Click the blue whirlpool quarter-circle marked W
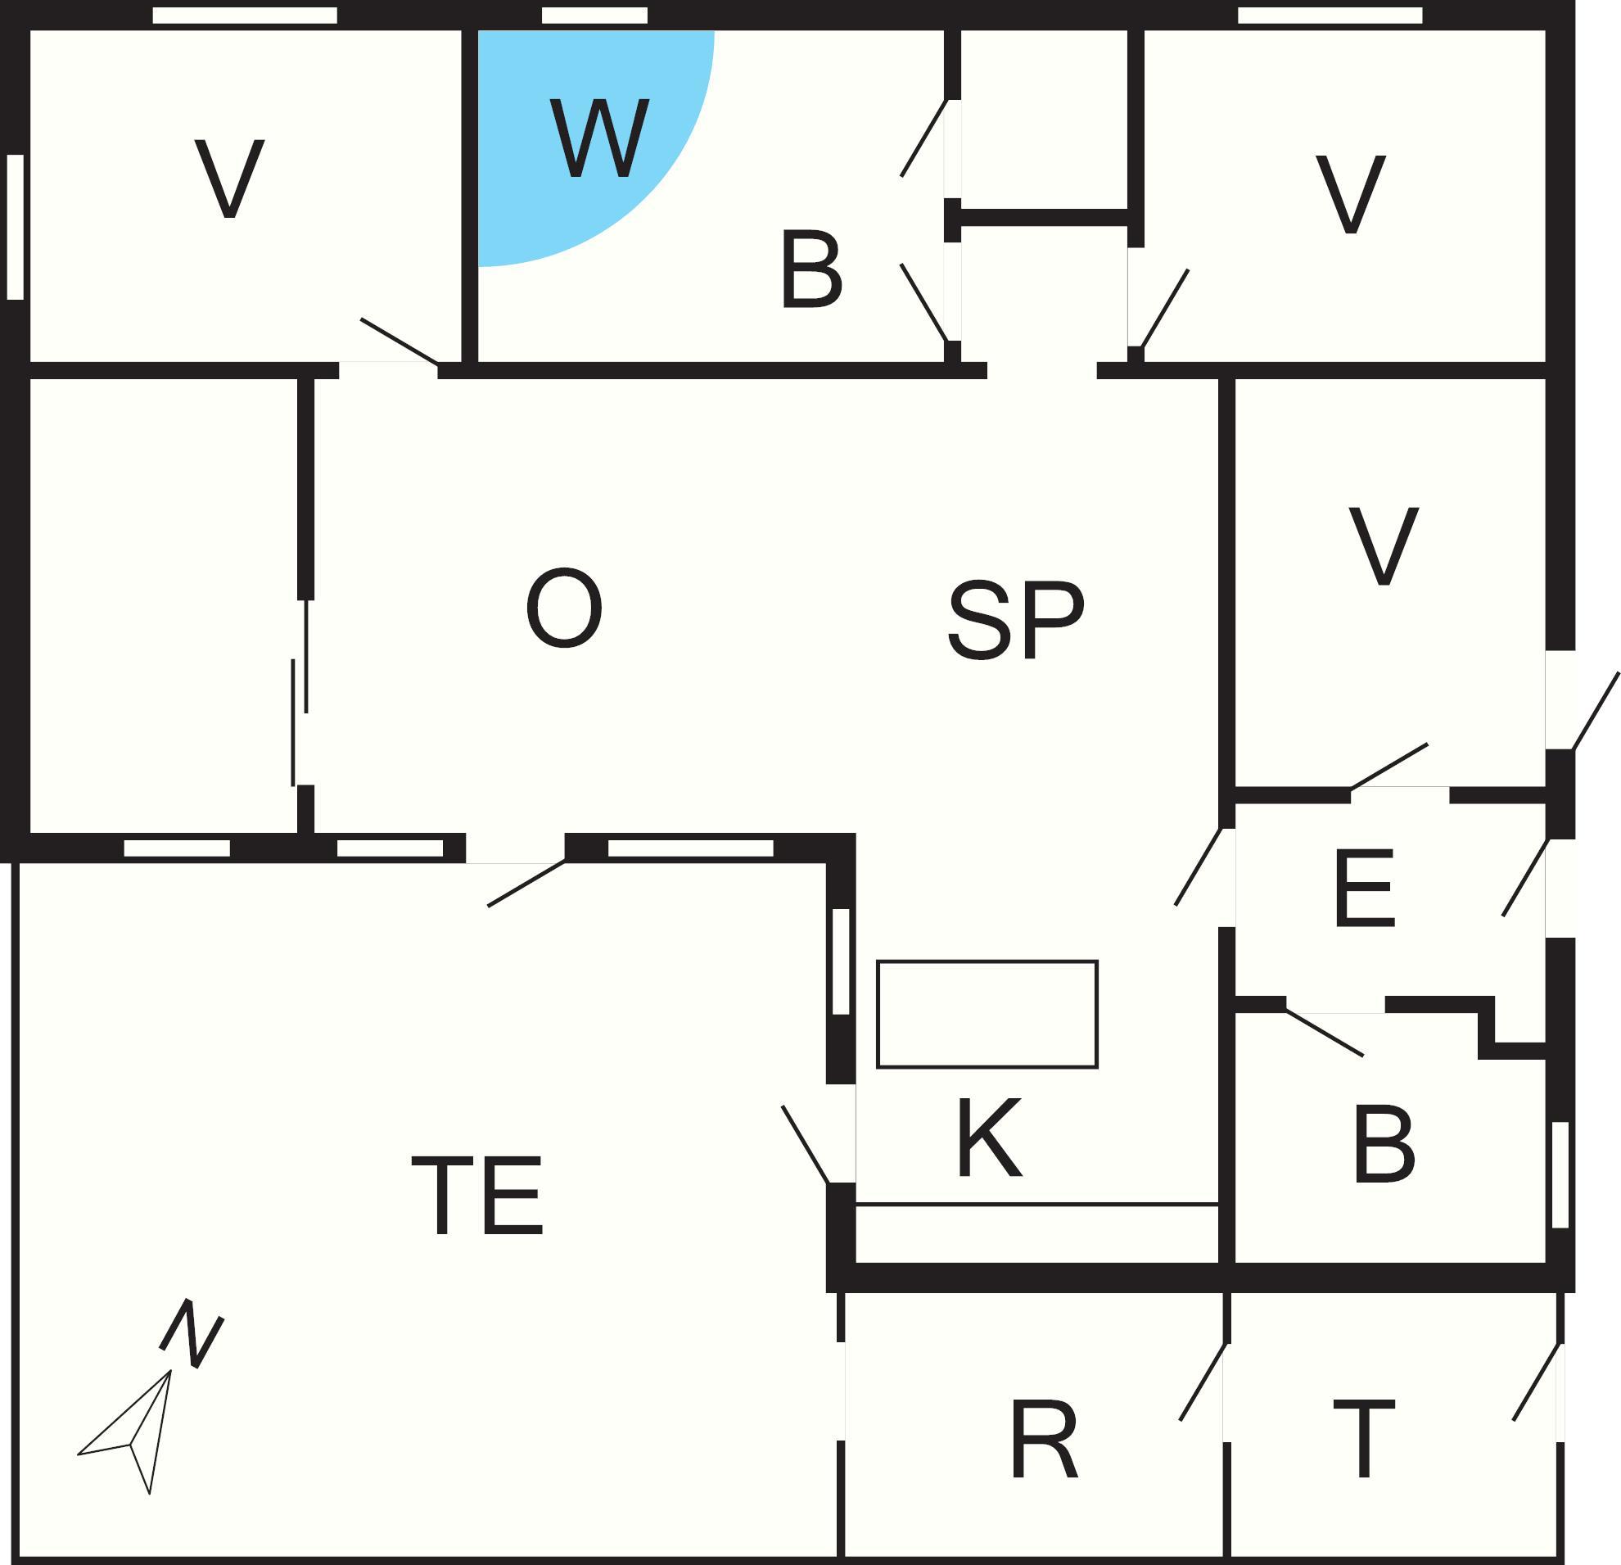579,133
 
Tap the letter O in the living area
564,608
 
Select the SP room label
1016,620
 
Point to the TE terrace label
478,1195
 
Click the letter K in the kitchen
989,1138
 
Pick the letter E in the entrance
1365,888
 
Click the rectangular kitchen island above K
987,1014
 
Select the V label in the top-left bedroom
229,179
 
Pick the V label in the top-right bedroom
1351,193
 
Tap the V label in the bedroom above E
1384,546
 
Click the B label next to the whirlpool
811,269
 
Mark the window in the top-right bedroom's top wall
1330,15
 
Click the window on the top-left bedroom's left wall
15,227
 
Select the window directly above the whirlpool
594,15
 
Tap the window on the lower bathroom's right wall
1560,1174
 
